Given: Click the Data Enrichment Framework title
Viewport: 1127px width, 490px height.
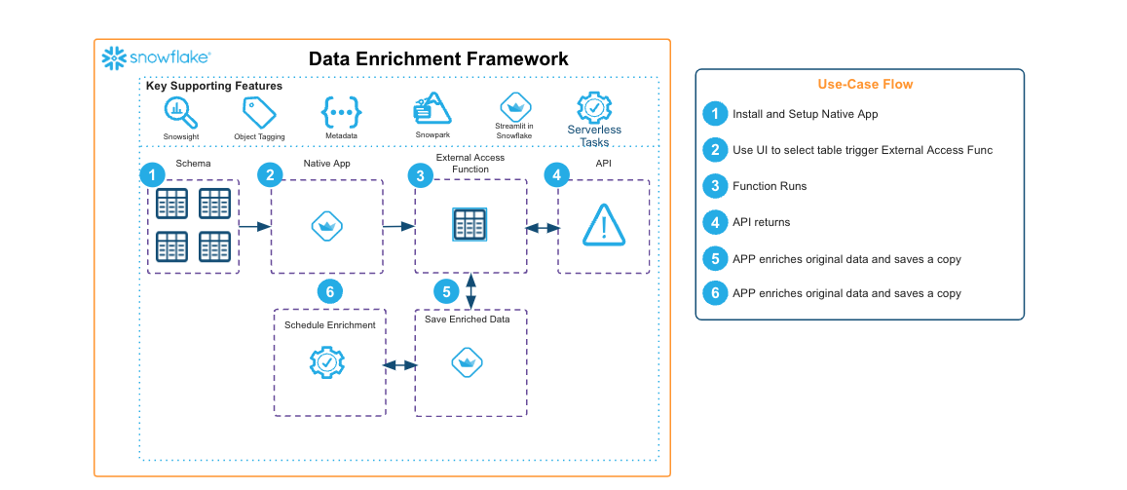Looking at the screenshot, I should point(438,58).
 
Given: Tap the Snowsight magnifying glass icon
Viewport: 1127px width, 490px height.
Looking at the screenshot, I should point(180,112).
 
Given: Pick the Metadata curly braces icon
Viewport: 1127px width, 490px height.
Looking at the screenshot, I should point(341,112).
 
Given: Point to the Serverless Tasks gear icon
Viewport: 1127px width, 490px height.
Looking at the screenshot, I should point(594,107).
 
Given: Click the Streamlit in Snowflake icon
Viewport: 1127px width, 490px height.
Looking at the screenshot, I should point(513,106).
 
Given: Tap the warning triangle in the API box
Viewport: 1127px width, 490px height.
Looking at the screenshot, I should point(604,226).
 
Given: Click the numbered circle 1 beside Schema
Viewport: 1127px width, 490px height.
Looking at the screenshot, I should point(152,175).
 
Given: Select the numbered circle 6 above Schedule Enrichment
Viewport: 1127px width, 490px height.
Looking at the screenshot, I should point(329,291).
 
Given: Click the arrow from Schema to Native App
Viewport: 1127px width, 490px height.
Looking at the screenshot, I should point(254,227).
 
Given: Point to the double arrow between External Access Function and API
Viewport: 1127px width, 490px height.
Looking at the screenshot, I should point(543,228).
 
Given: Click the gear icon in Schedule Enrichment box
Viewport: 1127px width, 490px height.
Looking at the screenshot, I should point(326,363).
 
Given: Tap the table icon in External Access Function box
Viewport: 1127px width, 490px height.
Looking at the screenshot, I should point(470,226).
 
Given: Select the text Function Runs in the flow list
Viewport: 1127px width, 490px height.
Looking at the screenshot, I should point(770,186).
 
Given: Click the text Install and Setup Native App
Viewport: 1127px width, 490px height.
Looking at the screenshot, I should point(805,114).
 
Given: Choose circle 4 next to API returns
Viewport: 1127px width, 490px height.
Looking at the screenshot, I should point(715,222).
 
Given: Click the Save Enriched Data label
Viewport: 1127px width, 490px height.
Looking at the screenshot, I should point(468,319).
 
